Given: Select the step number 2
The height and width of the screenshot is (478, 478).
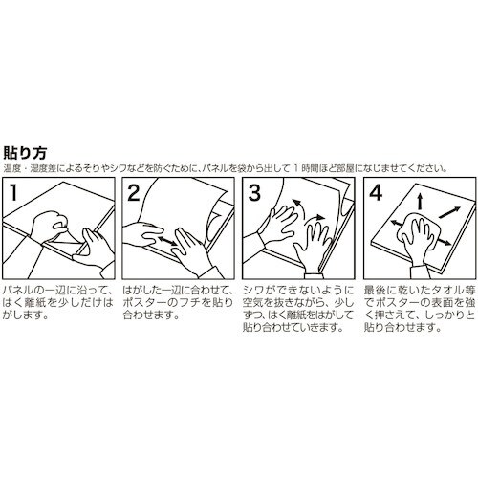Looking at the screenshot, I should pyautogui.click(x=136, y=193).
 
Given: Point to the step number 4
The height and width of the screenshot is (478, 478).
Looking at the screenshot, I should pyautogui.click(x=375, y=193).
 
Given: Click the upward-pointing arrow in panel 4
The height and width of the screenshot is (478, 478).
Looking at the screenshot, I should pyautogui.click(x=418, y=201).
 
